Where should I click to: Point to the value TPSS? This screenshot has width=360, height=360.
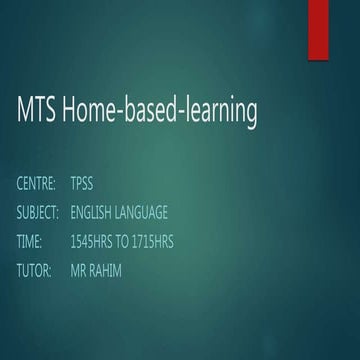[x=81, y=184]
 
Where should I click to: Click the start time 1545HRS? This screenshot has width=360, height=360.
[x=93, y=242]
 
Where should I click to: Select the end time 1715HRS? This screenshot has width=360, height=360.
[x=165, y=242]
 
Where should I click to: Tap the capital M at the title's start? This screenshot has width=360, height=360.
[x=26, y=111]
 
